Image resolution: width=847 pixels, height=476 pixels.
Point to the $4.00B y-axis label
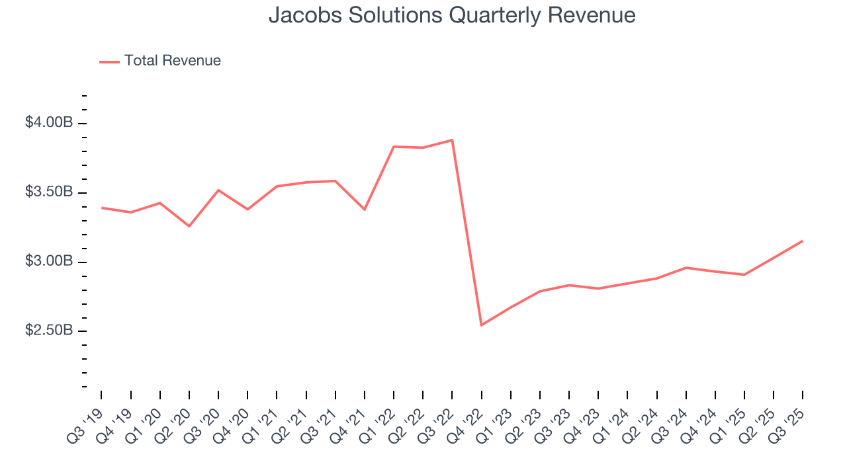49,123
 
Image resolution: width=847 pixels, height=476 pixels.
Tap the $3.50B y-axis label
49,192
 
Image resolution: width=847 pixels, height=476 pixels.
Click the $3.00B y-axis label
49,262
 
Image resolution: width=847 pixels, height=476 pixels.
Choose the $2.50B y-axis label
49,331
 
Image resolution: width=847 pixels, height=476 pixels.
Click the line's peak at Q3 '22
452,140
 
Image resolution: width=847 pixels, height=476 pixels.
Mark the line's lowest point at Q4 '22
481,325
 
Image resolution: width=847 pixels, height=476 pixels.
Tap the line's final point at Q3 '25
803,241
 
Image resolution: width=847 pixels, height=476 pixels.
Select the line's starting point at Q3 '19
101,208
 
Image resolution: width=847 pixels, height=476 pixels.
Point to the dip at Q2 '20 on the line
189,226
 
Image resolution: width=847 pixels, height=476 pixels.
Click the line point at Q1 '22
394,147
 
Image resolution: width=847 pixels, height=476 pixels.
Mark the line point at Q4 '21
365,210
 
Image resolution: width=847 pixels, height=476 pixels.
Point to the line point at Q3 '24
686,268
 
